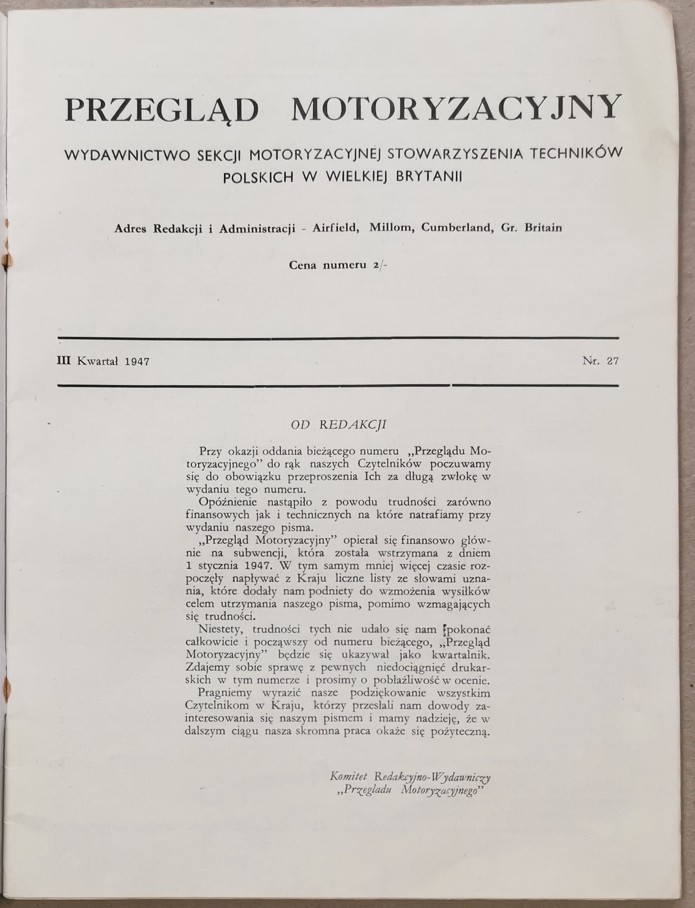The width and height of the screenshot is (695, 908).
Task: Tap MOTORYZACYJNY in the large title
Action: tap(456, 110)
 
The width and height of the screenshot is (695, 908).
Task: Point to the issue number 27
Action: tap(612, 361)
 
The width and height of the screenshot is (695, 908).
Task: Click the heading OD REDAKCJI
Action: tap(339, 425)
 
